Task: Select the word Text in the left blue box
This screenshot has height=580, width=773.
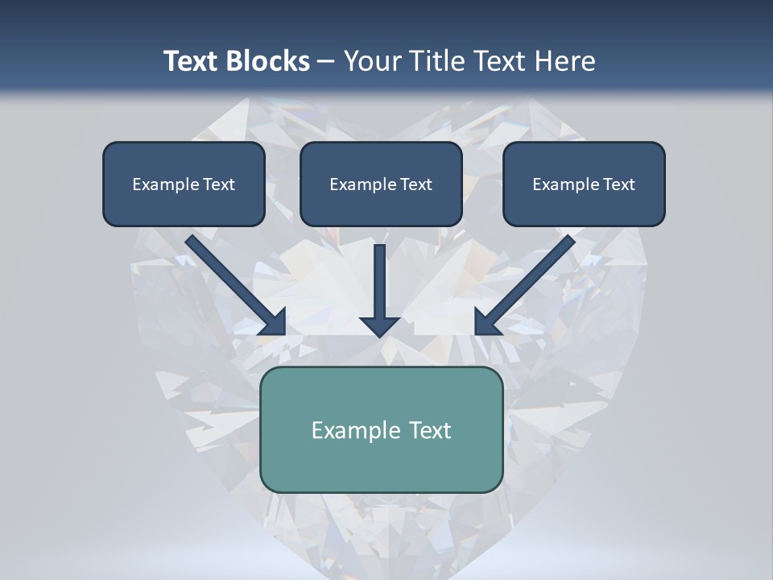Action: pyautogui.click(x=219, y=184)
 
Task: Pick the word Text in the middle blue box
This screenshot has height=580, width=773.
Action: pyautogui.click(x=416, y=184)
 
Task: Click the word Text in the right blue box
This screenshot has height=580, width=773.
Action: pyautogui.click(x=619, y=184)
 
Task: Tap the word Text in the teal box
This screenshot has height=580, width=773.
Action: pyautogui.click(x=431, y=430)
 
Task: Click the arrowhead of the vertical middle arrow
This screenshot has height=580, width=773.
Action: pyautogui.click(x=380, y=326)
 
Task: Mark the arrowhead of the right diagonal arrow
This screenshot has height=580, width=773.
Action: pyautogui.click(x=486, y=322)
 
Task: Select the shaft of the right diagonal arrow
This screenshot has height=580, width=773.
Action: pyautogui.click(x=531, y=278)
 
